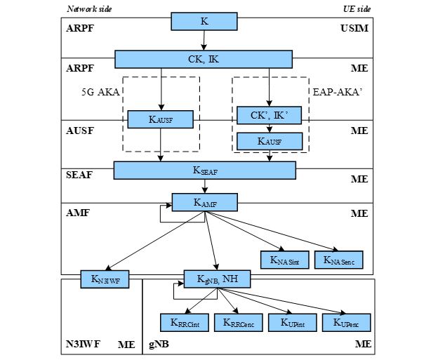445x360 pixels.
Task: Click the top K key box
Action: click(204, 22)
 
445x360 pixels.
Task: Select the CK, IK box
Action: click(204, 59)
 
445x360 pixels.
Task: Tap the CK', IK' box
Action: click(270, 115)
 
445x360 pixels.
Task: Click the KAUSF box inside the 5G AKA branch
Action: click(160, 119)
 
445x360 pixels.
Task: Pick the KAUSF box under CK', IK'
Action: click(270, 141)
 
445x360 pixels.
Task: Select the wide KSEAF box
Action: click(204, 171)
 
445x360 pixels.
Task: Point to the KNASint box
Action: click(284, 259)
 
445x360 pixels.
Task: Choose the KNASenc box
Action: click(339, 259)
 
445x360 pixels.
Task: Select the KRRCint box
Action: click(185, 322)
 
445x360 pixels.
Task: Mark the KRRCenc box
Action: click(239, 322)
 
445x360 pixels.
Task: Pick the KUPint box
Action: click(293, 322)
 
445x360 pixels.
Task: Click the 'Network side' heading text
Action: click(88, 9)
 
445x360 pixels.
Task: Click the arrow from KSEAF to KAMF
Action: click(205, 187)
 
